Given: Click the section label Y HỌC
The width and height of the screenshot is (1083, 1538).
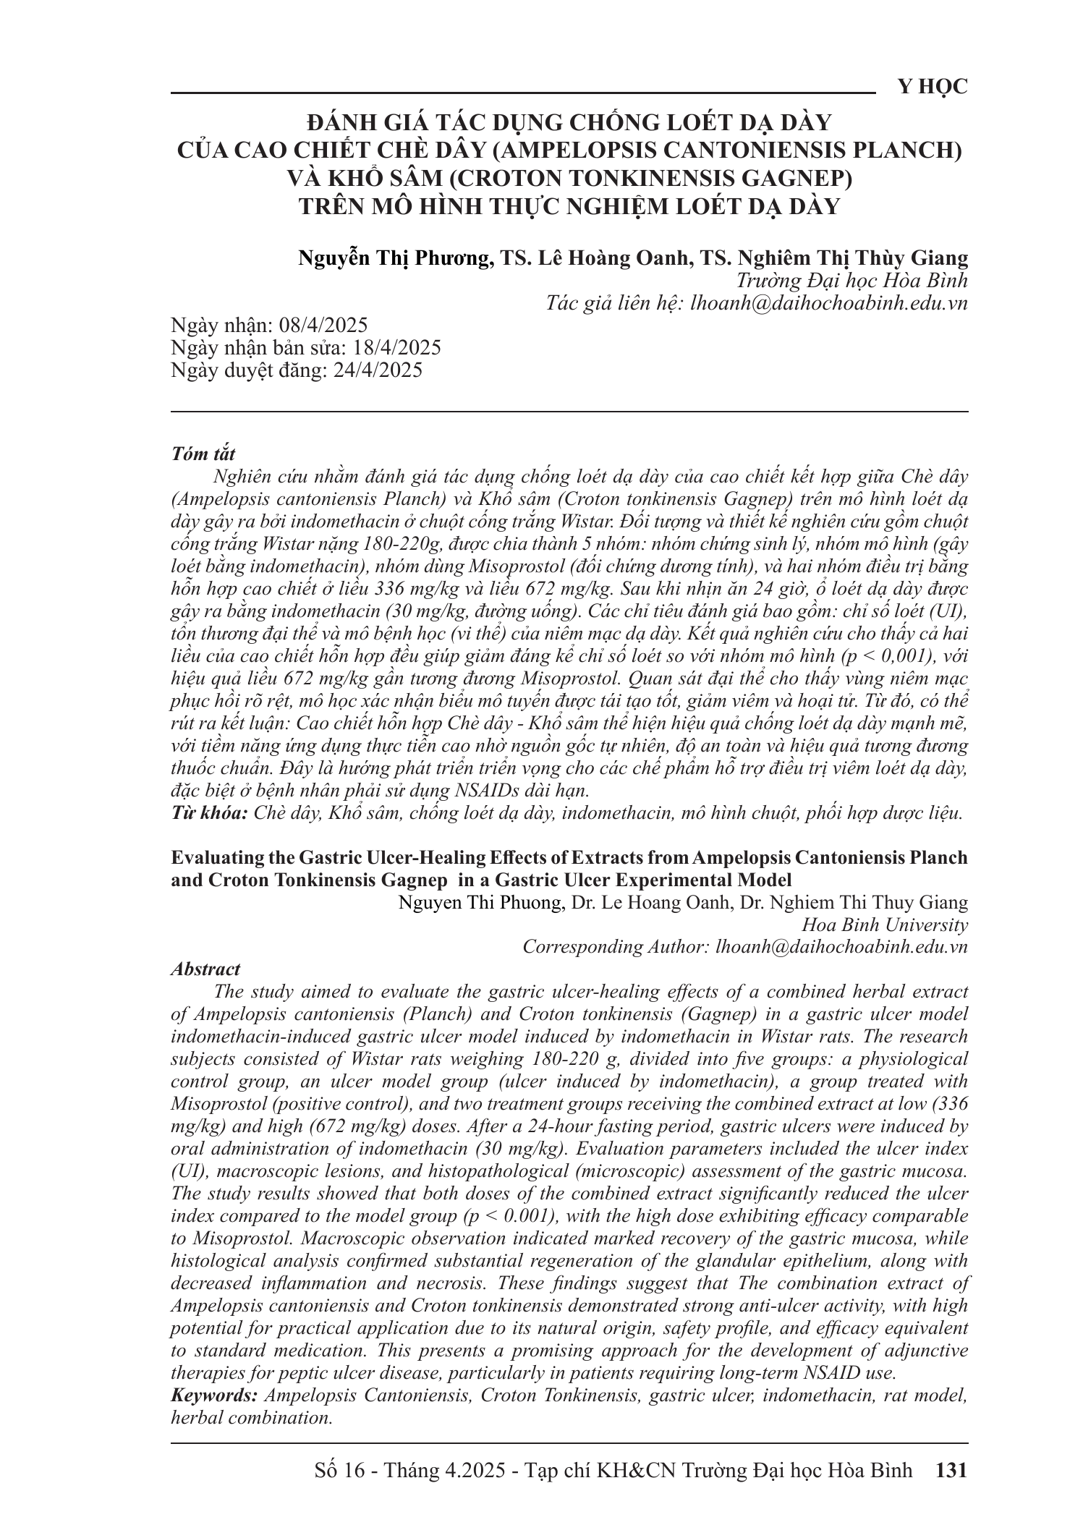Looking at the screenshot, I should [932, 88].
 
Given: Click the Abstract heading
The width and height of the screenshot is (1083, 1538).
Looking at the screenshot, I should [205, 969].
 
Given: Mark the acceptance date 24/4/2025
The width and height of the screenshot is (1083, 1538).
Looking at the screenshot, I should [378, 371].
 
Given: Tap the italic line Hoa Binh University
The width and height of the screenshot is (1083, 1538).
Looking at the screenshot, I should [885, 925].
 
